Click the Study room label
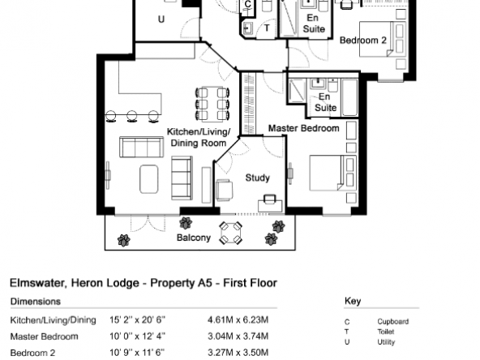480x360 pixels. click(258, 178)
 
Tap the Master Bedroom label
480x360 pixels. click(304, 128)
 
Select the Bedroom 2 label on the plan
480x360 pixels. click(363, 40)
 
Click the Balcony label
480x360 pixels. click(194, 238)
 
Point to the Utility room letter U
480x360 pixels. click(161, 19)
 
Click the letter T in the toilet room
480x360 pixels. click(267, 28)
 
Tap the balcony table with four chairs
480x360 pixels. click(231, 233)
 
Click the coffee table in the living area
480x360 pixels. click(149, 179)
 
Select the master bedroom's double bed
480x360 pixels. click(332, 173)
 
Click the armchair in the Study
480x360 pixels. click(224, 190)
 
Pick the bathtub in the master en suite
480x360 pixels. click(349, 97)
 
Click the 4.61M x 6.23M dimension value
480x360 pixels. click(238, 320)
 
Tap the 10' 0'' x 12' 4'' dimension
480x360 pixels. click(138, 336)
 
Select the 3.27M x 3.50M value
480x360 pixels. click(238, 353)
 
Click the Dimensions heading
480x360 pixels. click(36, 302)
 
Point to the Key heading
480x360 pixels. click(353, 301)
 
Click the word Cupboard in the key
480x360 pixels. click(392, 322)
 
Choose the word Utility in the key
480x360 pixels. click(386, 342)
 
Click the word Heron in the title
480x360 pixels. click(88, 283)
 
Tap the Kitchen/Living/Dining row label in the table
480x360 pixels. click(54, 320)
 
